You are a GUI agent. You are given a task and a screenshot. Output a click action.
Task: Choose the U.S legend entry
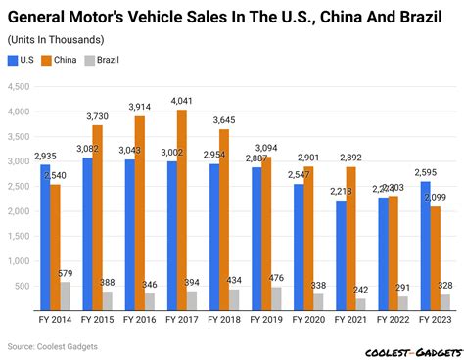(x=23, y=61)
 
